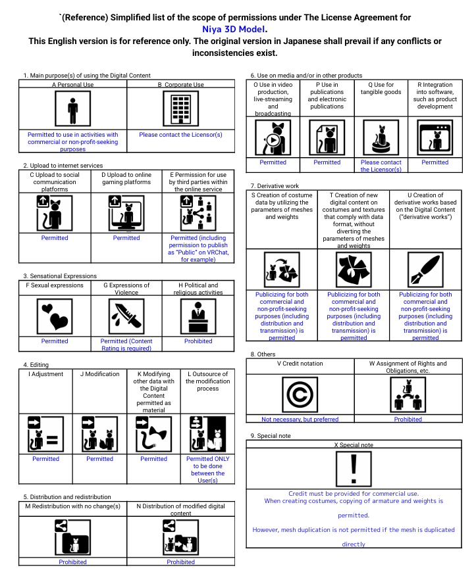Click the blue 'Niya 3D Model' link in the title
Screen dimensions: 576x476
tap(234, 29)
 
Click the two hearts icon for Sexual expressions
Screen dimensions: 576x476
tap(55, 316)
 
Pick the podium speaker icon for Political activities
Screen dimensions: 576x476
tap(198, 316)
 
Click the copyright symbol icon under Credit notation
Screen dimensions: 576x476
tap(300, 395)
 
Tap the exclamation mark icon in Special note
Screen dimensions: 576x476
tap(354, 468)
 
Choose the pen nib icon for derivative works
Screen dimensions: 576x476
tap(425, 269)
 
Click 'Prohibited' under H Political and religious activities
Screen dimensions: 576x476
tap(198, 341)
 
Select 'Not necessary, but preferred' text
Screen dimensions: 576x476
tap(300, 419)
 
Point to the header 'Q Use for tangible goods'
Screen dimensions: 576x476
tap(381, 88)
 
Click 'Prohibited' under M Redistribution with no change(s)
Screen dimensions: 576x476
tap(72, 562)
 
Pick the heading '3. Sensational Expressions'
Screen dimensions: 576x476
tap(60, 276)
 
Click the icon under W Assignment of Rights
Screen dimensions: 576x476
tap(408, 395)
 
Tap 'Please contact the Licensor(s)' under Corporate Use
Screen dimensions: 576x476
tap(180, 134)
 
